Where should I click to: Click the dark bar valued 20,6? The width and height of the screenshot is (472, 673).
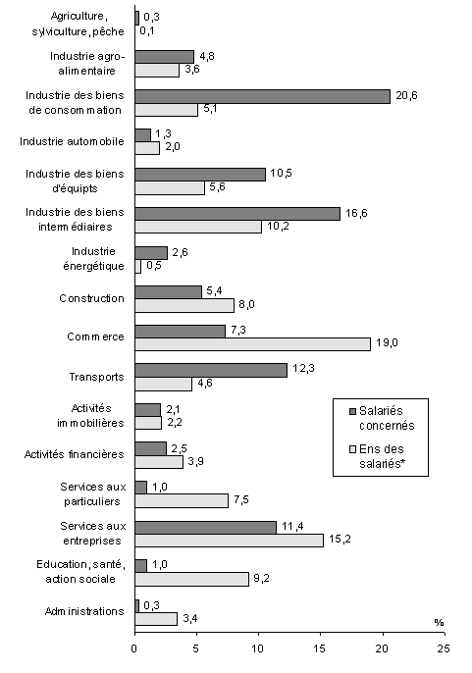262,96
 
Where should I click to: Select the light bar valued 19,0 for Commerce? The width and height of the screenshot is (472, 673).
252,343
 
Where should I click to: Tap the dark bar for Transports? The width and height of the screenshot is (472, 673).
211,369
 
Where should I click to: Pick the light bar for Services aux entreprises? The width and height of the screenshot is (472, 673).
229,540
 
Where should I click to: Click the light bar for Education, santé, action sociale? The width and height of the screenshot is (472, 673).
191,579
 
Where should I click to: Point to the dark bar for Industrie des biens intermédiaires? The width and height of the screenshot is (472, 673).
237,213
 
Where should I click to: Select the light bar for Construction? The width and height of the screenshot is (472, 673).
184,304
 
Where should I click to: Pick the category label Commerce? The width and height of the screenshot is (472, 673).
96,336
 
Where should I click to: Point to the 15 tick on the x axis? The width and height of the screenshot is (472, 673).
320,648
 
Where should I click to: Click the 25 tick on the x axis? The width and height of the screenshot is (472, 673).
444,648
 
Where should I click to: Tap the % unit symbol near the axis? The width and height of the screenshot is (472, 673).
437,622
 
